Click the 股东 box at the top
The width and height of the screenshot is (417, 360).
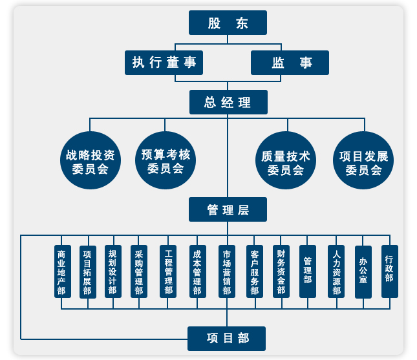[x=228, y=23]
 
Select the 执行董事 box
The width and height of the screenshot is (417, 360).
[x=164, y=63]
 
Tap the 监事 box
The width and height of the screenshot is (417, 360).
[x=290, y=63]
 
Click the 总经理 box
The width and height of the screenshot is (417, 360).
[x=228, y=102]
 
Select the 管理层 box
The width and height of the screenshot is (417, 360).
[x=228, y=209]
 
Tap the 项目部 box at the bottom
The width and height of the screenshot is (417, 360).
[x=227, y=338]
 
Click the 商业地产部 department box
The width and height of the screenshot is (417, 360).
[x=62, y=271]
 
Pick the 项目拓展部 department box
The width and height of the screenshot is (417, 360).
[x=88, y=271]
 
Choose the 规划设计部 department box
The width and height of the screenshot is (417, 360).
[x=113, y=271]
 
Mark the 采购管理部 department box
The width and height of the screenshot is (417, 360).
[x=139, y=271]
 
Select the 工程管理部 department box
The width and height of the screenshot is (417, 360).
[x=168, y=271]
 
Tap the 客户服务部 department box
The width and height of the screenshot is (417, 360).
[x=254, y=271]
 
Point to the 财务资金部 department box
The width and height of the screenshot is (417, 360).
[x=281, y=271]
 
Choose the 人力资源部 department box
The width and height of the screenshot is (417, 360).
[x=336, y=271]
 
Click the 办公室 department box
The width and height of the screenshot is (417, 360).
[x=363, y=271]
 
